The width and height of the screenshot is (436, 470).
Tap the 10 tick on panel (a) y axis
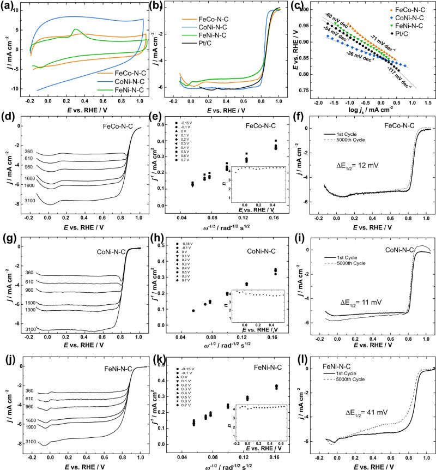click(16, 10)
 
